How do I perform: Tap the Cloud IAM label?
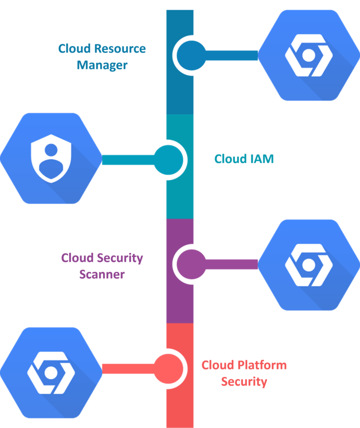click(x=244, y=159)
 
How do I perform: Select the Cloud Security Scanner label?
click(x=102, y=266)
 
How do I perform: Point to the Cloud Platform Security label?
click(x=244, y=373)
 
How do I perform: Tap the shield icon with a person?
click(x=50, y=158)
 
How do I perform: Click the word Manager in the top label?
click(x=102, y=65)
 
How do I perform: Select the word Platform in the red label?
click(x=262, y=365)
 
